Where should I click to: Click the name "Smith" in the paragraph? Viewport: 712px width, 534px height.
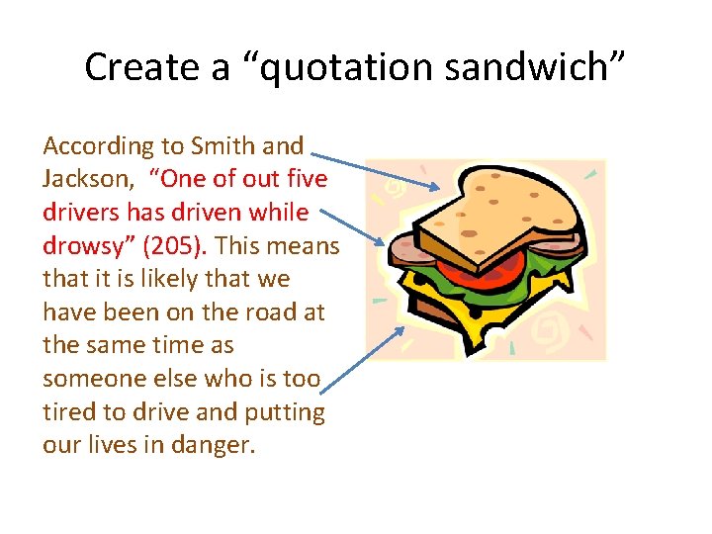[223, 146]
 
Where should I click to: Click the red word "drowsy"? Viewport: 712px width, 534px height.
[86, 246]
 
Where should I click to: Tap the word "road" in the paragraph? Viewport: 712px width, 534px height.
[261, 312]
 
